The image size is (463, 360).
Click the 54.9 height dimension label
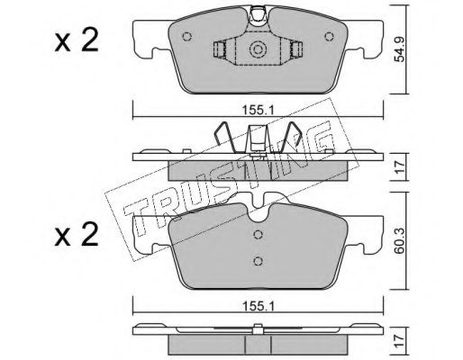coord(399,49)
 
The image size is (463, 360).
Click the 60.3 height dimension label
coord(399,240)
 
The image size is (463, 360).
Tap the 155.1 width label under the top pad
coord(259,111)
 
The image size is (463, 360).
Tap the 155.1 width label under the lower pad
coord(259,306)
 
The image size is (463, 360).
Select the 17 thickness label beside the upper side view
coord(399,167)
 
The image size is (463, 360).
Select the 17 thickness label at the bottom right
coord(399,341)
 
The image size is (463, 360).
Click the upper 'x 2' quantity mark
coord(77,41)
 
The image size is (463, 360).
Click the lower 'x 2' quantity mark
coord(77,236)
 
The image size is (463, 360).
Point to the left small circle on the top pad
coord(186,37)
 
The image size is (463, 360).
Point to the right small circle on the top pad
coord(330,37)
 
